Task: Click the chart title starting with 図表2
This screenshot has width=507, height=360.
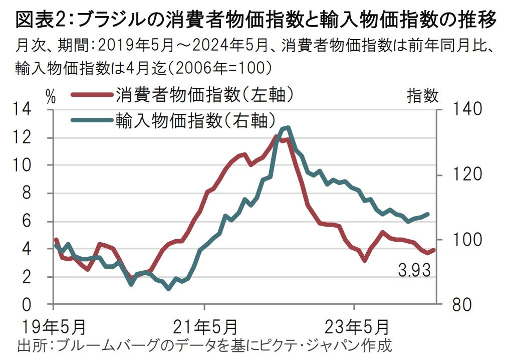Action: pyautogui.click(x=256, y=21)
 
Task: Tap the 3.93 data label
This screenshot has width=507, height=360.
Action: pyautogui.click(x=414, y=271)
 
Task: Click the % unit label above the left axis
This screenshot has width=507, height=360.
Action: pyautogui.click(x=51, y=96)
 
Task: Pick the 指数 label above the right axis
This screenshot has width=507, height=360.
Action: pyautogui.click(x=422, y=95)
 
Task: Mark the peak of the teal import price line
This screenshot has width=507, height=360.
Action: pyautogui.click(x=286, y=128)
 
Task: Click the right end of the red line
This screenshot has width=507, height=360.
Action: pyautogui.click(x=434, y=250)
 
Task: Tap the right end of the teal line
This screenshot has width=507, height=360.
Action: pyautogui.click(x=428, y=214)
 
